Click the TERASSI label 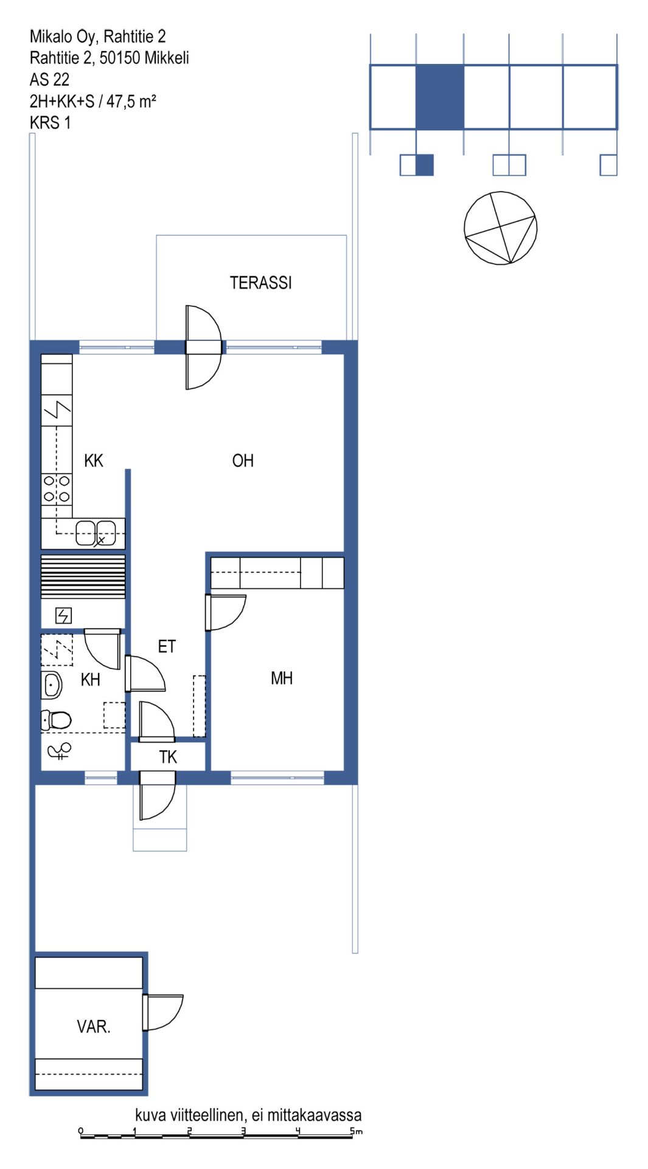coord(260,283)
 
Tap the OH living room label coord(243,460)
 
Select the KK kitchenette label coord(94,460)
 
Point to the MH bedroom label coord(282,678)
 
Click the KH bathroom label coord(91,679)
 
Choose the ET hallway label coord(167,646)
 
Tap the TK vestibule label coord(168,757)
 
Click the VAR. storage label coord(94,1027)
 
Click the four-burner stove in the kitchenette coord(57,489)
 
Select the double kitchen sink coord(96,533)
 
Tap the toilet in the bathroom coord(56,720)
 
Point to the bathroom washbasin coord(52,686)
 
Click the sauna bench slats coord(83,576)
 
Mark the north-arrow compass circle coord(501,228)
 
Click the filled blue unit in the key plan coord(440,97)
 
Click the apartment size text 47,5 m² coord(131,101)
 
